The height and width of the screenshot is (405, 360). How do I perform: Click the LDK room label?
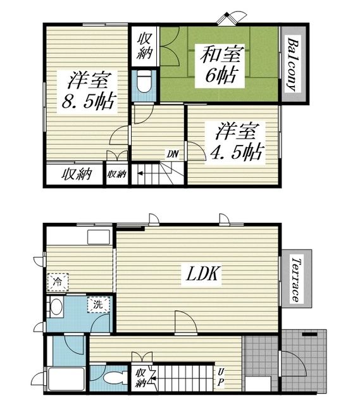click(x=203, y=274)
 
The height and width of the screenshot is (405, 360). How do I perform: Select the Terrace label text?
click(x=296, y=280)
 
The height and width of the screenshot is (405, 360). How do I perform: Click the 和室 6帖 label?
click(x=221, y=65)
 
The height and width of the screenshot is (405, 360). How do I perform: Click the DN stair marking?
click(x=173, y=154)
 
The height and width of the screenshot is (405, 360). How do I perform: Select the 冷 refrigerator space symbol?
click(x=58, y=282)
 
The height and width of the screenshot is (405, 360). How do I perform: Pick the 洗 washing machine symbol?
click(x=99, y=305)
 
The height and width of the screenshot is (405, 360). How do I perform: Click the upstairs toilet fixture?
click(x=144, y=81)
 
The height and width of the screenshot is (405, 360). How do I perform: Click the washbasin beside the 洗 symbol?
click(x=56, y=307)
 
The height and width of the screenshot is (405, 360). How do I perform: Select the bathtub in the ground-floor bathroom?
click(x=66, y=379)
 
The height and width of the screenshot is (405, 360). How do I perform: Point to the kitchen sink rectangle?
click(x=99, y=237)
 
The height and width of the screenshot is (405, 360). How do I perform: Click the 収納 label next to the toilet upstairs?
click(x=144, y=46)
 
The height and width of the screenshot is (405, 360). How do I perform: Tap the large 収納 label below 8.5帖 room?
click(x=77, y=174)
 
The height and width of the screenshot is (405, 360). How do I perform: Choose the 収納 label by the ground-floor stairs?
click(x=140, y=378)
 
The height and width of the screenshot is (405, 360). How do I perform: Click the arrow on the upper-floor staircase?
click(x=140, y=173)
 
